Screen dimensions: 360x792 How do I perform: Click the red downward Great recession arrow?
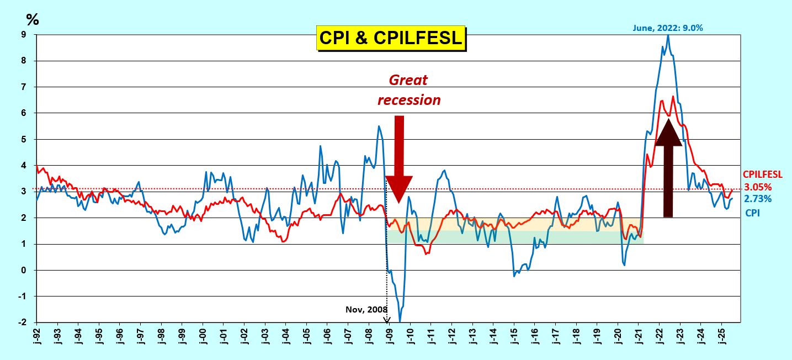point(398,160)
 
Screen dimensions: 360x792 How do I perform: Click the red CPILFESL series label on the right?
point(762,174)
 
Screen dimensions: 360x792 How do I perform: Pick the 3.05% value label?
point(758,187)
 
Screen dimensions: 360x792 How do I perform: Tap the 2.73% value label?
point(758,199)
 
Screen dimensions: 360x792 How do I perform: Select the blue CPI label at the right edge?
point(752,211)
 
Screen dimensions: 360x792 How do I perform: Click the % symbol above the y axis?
point(33,20)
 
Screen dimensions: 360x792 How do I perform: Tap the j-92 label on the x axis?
point(36,336)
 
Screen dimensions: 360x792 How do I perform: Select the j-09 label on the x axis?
point(389,336)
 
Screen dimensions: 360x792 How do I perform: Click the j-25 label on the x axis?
point(721,336)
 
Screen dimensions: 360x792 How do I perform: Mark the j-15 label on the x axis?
point(514,336)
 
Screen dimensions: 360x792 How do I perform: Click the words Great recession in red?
point(408,90)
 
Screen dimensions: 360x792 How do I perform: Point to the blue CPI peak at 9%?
point(668,35)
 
